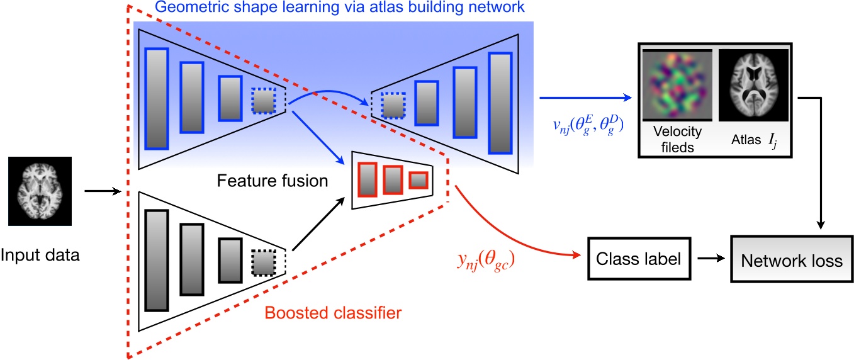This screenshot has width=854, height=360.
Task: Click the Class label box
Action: coord(638,259)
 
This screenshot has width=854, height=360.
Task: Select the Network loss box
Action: coord(791,259)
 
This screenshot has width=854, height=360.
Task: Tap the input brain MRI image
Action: coord(40,191)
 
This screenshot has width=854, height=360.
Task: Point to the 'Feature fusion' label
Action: coord(272,181)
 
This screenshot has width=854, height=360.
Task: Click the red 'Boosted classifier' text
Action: coord(332,312)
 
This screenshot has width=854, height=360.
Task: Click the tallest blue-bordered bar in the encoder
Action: coord(157,98)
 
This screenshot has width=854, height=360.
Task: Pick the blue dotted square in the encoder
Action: coord(264,101)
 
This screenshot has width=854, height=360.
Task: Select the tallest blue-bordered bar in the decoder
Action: coord(501,103)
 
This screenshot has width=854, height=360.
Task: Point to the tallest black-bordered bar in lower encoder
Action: coord(157,259)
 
